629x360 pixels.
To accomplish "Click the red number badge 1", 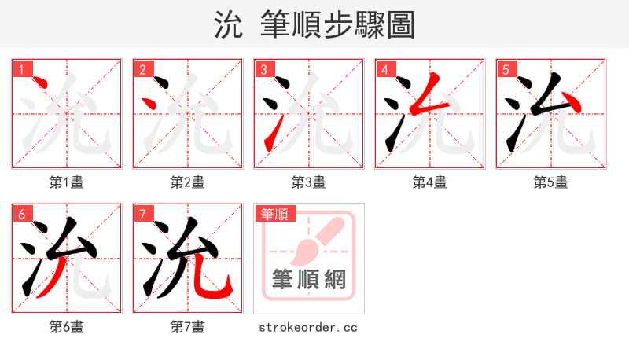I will click(21, 70).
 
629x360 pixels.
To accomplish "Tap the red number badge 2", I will click(142, 70).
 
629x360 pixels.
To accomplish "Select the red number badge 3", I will click(263, 70).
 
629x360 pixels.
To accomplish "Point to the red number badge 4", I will click(384, 70).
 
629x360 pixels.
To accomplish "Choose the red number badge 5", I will click(506, 70).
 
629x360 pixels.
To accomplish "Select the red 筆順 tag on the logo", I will click(274, 214).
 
